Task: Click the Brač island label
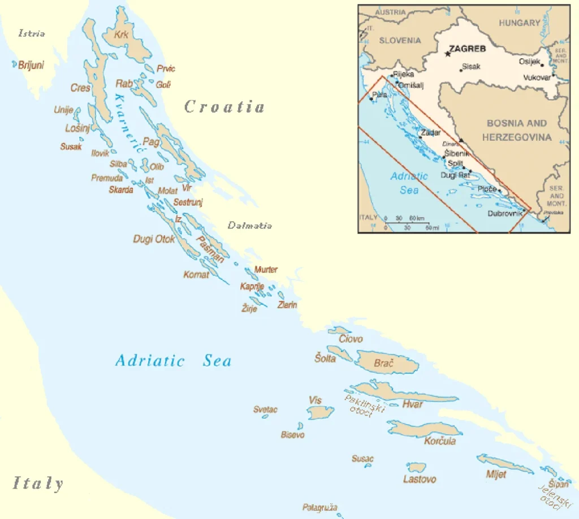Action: pos(384,363)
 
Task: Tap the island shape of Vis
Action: pos(320,413)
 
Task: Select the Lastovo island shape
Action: pos(417,467)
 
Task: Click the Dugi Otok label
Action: pos(154,239)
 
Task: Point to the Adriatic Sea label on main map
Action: pos(173,361)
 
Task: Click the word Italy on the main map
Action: pos(38,483)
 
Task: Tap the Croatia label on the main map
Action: pos(224,106)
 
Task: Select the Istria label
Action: pos(32,33)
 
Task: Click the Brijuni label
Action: pos(31,65)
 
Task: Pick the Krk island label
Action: pos(122,35)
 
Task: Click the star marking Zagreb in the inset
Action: pos(447,54)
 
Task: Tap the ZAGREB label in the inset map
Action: pos(467,49)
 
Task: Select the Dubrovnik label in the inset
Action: pos(505,214)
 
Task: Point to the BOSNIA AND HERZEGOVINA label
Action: pos(517,130)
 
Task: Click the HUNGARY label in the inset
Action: pos(519,23)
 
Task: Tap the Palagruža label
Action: pos(319,508)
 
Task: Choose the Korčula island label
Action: pos(440,441)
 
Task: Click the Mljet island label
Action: pos(496,474)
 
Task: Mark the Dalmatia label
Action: pos(249,226)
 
